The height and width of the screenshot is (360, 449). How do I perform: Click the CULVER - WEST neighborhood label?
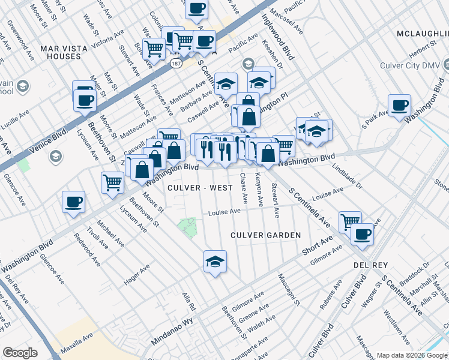200,188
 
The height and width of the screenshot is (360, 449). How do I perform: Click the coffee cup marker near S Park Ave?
399,106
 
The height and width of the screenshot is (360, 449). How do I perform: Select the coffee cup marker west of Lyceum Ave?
73,202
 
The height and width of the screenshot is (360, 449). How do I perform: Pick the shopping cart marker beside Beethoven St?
112,182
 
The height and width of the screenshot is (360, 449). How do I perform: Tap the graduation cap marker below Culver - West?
215,261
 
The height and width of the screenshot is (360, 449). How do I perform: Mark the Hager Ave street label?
137,273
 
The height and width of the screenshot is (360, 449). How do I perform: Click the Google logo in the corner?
20,353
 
